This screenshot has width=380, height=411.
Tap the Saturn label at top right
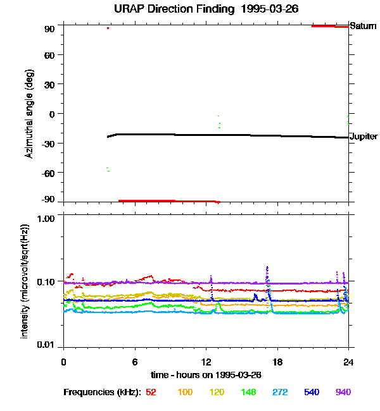pyautogui.click(x=363, y=27)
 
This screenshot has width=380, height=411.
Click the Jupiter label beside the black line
pyautogui.click(x=364, y=137)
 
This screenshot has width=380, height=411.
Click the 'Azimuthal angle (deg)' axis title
pyautogui.click(x=30, y=114)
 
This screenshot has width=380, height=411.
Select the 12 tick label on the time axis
pyautogui.click(x=206, y=362)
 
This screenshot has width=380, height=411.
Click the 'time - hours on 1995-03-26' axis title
pyautogui.click(x=206, y=374)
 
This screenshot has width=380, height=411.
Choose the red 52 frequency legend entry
pyautogui.click(x=151, y=393)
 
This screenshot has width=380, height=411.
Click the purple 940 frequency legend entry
pyautogui.click(x=343, y=393)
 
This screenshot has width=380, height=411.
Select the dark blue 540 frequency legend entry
pyautogui.click(x=311, y=393)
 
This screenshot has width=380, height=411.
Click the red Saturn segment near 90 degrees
pyautogui.click(x=329, y=26)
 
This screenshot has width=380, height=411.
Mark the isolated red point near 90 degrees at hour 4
pyautogui.click(x=108, y=28)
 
